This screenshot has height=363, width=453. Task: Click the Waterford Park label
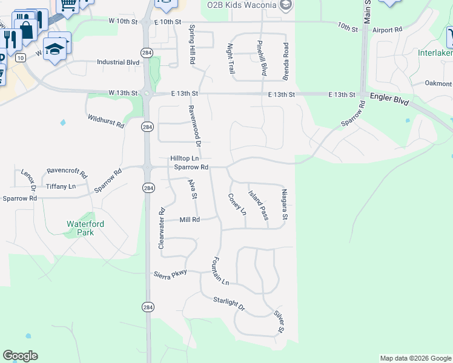[x=85, y=228]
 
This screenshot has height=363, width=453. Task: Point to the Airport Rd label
[x=388, y=29]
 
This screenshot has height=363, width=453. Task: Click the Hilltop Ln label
[x=184, y=158]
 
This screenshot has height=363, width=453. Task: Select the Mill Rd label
[x=190, y=220]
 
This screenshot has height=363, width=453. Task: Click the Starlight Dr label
[x=229, y=304]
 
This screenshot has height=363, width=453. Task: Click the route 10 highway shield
[x=20, y=57]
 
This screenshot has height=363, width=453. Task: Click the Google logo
[x=20, y=356]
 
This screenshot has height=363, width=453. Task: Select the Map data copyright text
[x=415, y=359]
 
